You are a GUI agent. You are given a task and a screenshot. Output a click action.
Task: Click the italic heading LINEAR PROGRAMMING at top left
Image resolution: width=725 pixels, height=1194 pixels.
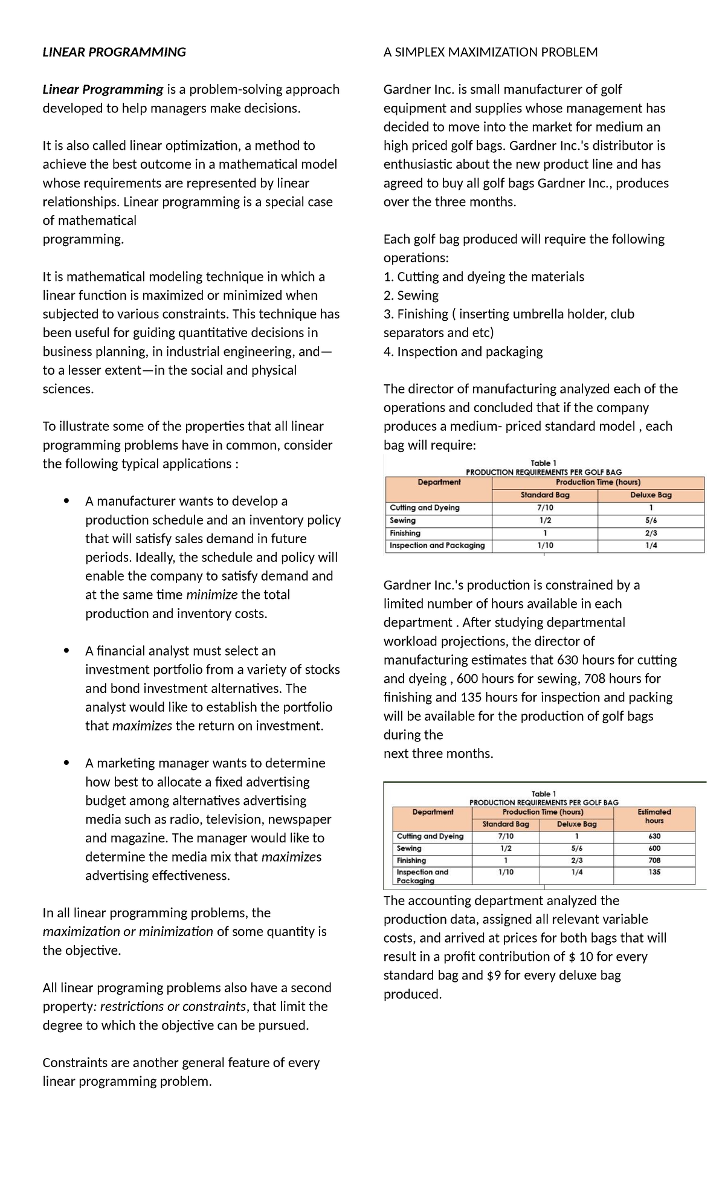[x=114, y=52]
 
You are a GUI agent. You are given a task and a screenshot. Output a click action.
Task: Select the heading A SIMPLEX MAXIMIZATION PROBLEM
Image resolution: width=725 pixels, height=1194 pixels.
[x=490, y=52]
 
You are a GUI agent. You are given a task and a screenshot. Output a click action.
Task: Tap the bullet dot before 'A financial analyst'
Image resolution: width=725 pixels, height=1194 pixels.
[x=66, y=651]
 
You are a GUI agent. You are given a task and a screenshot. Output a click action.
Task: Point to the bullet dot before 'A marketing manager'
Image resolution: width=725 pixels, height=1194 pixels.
[x=66, y=763]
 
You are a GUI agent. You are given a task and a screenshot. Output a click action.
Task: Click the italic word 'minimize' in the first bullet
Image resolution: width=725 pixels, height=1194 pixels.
[x=211, y=595]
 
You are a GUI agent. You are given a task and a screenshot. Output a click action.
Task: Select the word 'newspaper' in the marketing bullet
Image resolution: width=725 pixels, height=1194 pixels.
[x=300, y=819]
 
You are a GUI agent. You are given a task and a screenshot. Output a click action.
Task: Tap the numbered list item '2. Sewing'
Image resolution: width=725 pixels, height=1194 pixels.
[x=411, y=295]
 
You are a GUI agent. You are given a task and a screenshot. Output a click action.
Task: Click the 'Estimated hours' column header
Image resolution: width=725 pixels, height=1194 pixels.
[x=654, y=816]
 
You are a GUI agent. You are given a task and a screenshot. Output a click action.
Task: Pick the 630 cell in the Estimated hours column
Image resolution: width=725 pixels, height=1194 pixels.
[x=654, y=836]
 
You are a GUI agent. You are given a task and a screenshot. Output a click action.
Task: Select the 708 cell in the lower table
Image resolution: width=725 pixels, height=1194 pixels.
[x=654, y=860]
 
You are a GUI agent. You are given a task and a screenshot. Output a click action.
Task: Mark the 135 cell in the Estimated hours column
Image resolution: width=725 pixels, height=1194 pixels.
[x=654, y=872]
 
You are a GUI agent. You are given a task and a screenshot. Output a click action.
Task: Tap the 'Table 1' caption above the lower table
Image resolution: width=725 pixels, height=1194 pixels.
[x=543, y=793]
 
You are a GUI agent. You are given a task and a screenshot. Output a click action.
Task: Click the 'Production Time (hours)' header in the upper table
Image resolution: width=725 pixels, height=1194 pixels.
[x=598, y=482]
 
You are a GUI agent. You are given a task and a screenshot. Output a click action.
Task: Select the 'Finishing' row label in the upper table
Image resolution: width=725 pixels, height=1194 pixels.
[x=405, y=533]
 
